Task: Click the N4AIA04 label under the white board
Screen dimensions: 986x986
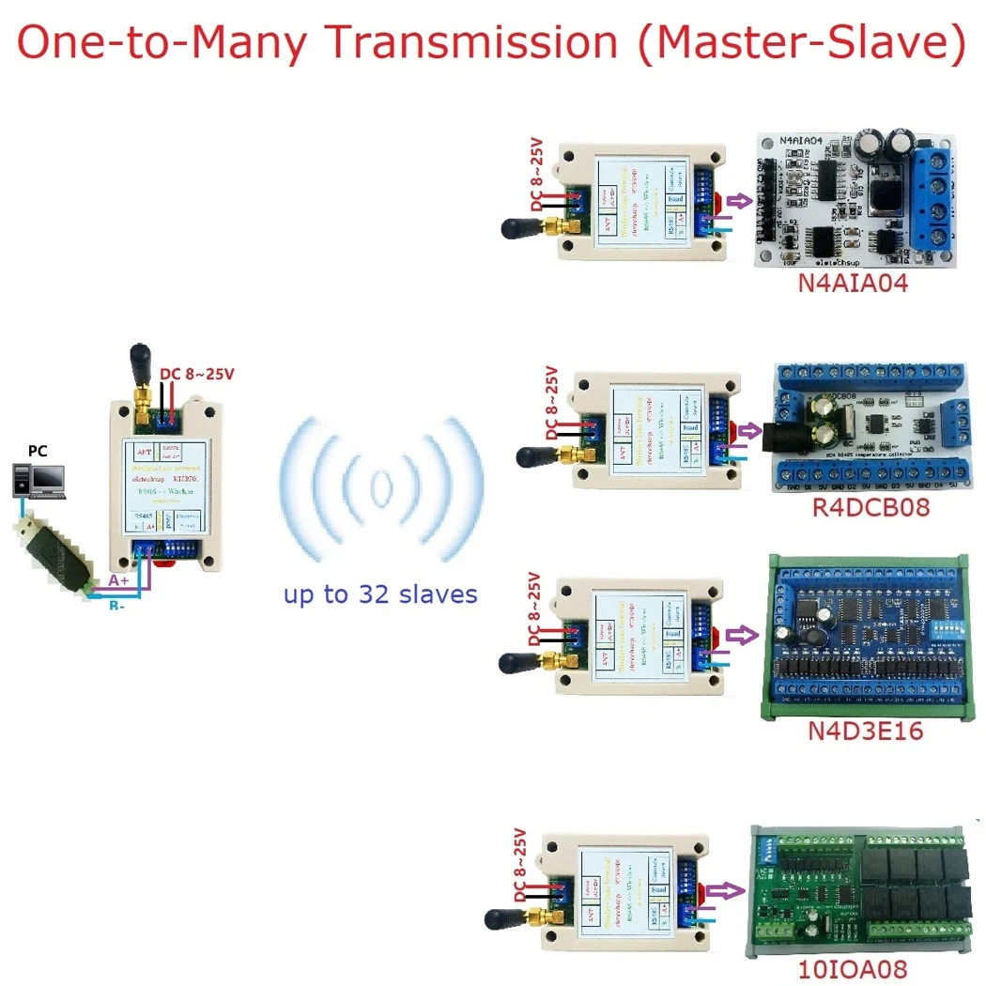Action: (x=853, y=284)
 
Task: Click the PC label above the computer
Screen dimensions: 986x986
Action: (x=38, y=452)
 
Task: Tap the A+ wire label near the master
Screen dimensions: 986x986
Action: (x=120, y=581)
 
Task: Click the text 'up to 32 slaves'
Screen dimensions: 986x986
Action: (x=380, y=593)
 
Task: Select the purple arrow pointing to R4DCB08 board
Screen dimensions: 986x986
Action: (x=749, y=433)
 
